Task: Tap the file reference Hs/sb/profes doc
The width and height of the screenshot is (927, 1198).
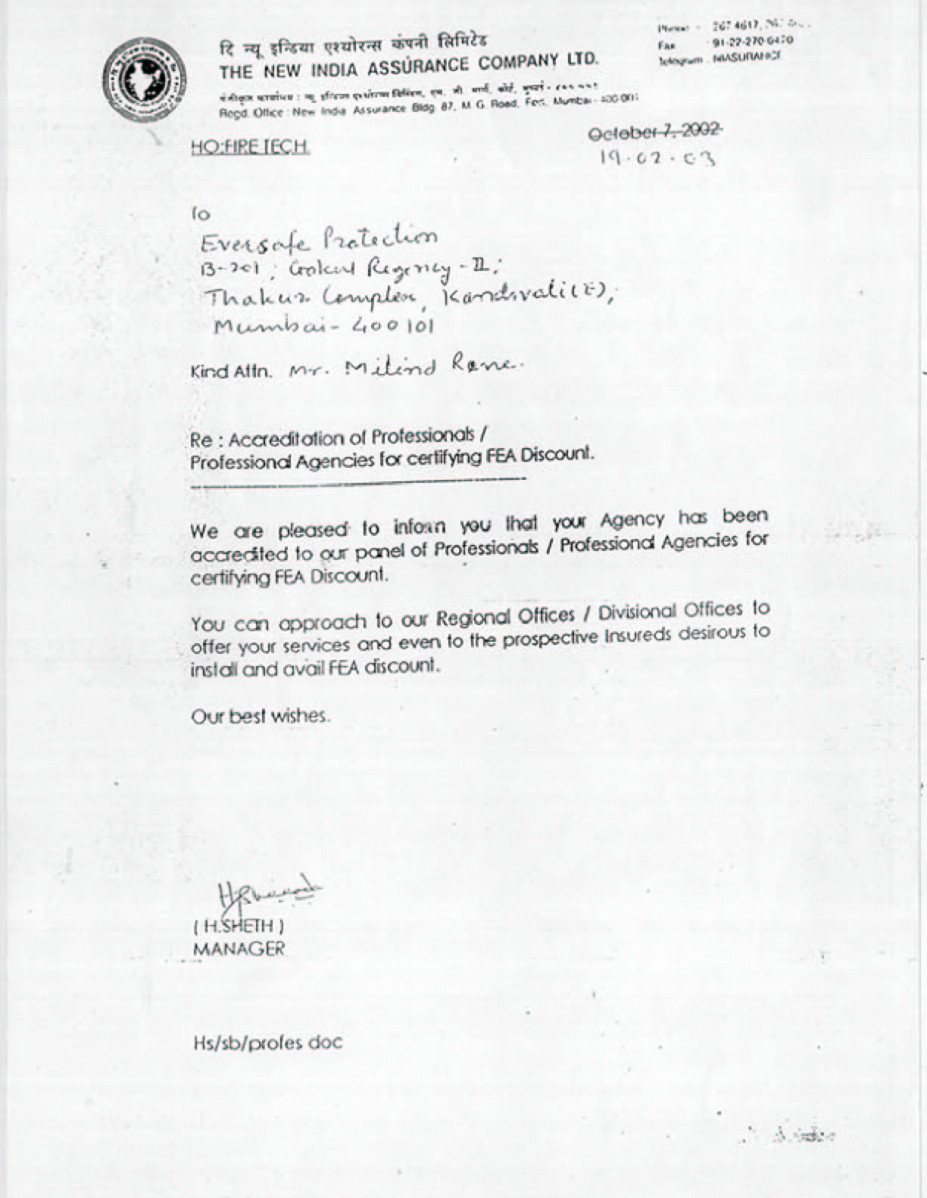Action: coord(267,1043)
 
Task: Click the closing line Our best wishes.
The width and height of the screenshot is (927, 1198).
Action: coord(260,715)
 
